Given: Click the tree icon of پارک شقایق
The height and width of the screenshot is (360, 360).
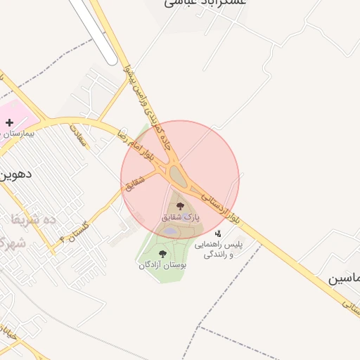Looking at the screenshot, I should [x=181, y=207].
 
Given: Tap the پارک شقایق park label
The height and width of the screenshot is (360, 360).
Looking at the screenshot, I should [x=181, y=218].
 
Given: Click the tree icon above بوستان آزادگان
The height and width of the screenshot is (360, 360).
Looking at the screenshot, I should [x=163, y=254].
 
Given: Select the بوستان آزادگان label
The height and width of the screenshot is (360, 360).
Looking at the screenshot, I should [x=163, y=265].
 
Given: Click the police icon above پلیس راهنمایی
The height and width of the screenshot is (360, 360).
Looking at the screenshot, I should [x=219, y=233].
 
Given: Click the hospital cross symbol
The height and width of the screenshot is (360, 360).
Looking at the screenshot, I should [x=9, y=122].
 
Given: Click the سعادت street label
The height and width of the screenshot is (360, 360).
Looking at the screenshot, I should [x=79, y=134].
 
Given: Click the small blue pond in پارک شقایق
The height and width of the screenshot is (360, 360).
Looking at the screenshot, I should [x=171, y=230].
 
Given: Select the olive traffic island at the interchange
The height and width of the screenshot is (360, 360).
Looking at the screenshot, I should [x=177, y=176].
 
